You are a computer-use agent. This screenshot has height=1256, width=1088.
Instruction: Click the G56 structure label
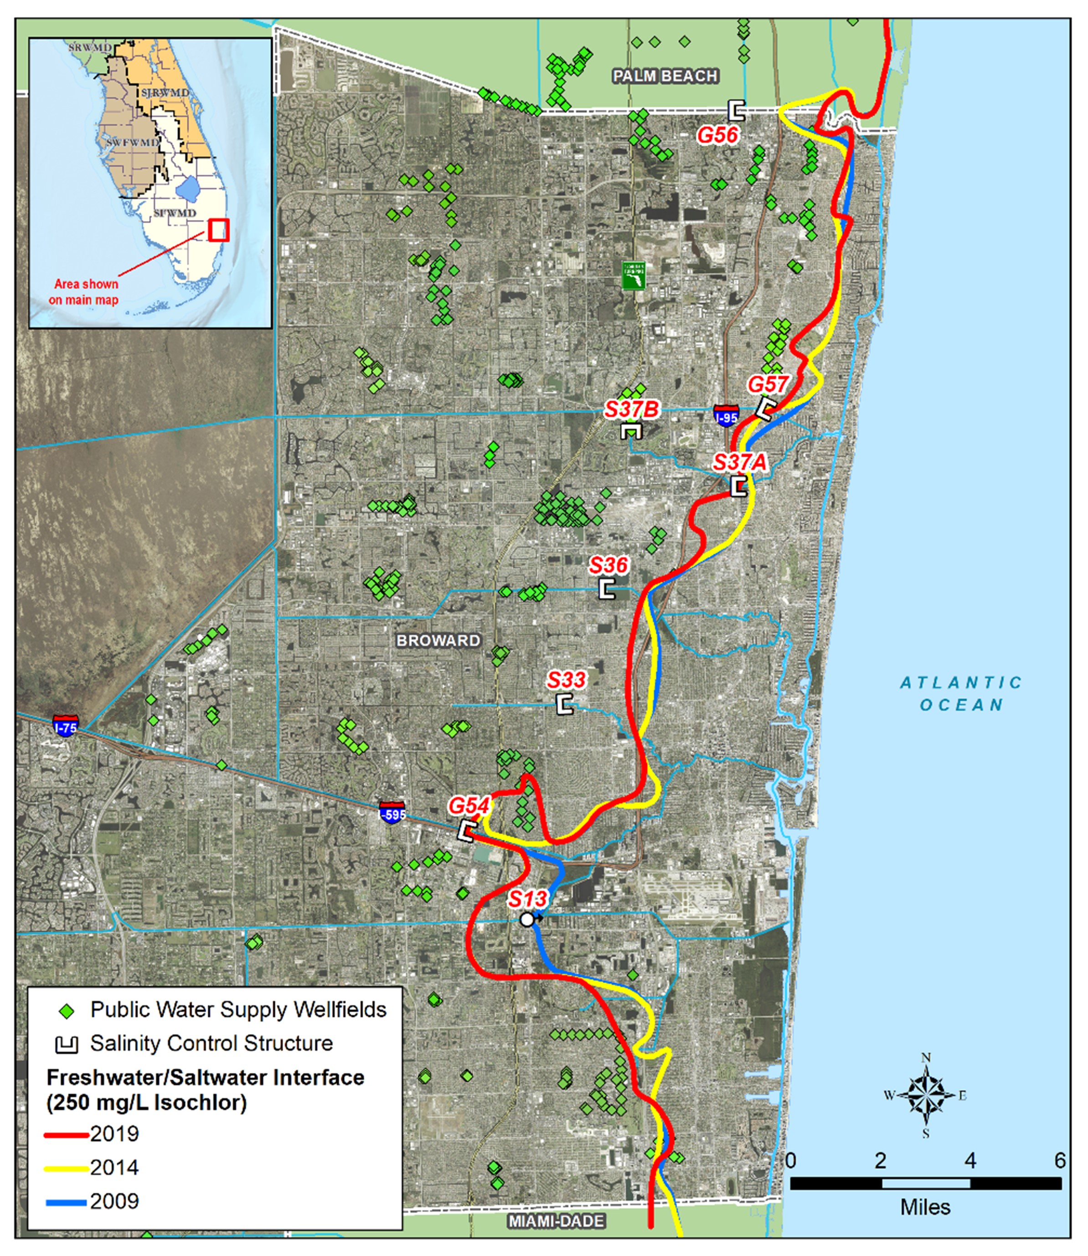click(x=717, y=135)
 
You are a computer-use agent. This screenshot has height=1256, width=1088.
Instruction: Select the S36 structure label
click(x=608, y=565)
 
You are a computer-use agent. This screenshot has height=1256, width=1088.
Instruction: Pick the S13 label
click(x=528, y=898)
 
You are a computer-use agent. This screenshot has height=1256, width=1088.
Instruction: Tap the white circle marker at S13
click(x=527, y=920)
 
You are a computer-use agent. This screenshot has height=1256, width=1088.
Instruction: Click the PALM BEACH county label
click(x=666, y=76)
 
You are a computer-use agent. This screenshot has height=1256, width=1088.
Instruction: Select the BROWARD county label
click(x=438, y=641)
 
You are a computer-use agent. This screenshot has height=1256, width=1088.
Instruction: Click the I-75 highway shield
click(x=65, y=726)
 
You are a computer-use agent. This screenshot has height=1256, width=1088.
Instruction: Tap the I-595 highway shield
click(x=392, y=812)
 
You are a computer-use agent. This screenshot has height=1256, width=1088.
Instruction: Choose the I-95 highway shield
click(x=726, y=415)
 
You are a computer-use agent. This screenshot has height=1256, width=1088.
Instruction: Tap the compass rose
click(x=925, y=1095)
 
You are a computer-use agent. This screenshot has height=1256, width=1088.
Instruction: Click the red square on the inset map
click(x=218, y=230)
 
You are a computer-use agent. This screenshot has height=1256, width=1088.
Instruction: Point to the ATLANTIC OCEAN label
click(x=961, y=694)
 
